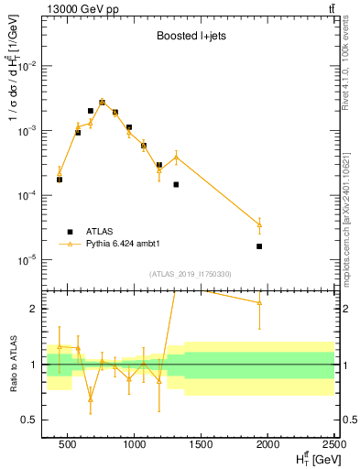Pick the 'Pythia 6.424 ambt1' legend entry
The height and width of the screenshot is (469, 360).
pos(127,244)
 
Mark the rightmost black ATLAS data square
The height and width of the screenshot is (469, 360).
pos(260,246)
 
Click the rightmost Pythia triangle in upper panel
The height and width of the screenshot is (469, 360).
pos(260,224)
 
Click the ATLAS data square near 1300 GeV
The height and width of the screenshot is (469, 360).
pos(176,184)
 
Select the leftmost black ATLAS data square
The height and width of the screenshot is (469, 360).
pos(60,180)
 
